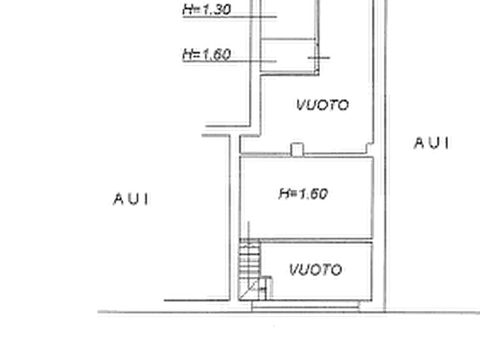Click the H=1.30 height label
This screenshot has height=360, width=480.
206,9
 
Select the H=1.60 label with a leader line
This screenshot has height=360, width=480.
206,54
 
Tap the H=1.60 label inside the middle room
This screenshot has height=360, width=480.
303,194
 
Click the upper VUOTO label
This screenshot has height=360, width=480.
323,105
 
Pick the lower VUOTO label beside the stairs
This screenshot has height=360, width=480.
316,270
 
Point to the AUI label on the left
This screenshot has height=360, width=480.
132,199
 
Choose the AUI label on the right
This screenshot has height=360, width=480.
432,143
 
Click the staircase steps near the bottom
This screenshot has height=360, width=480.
249,258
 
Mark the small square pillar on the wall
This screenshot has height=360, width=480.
297,149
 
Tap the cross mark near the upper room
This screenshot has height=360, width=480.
318,57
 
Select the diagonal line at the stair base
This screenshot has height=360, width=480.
248,289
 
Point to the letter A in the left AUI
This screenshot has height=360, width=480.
119,199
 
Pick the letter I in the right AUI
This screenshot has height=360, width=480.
448,143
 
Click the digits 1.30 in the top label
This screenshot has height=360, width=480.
217,9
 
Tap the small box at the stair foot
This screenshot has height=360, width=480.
266,288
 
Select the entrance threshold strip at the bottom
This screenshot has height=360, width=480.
305,306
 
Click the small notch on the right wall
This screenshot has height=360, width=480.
370,148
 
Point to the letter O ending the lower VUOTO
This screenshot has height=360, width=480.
336,270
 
